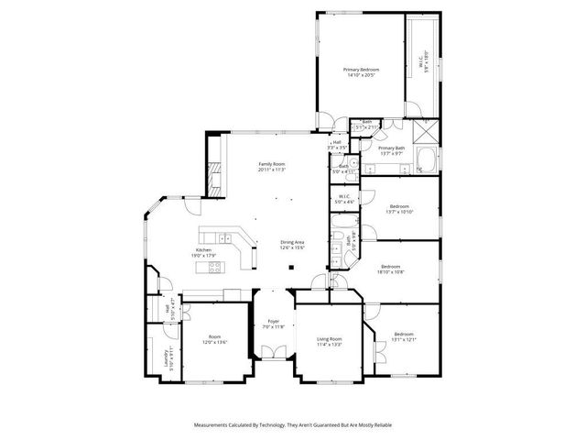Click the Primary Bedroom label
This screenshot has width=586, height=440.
pyautogui.click(x=361, y=70)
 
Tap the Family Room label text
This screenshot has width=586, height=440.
pyautogui.click(x=273, y=164)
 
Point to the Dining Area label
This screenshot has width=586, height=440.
pyautogui.click(x=293, y=242)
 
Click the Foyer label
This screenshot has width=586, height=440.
pyautogui.click(x=274, y=321)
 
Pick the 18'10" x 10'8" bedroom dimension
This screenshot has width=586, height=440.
pyautogui.click(x=392, y=271)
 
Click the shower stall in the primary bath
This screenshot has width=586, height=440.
pyautogui.click(x=424, y=129)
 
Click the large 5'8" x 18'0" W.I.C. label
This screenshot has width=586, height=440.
pyautogui.click(x=424, y=64)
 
